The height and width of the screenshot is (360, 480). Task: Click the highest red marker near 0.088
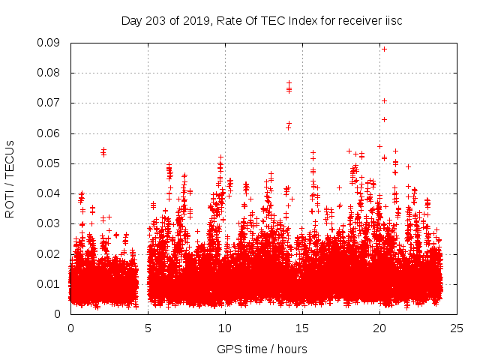point(384,49)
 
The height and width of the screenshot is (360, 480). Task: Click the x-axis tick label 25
point(457,328)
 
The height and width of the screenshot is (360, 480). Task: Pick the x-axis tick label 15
point(302,328)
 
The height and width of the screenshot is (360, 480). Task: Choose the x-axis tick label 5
point(148,328)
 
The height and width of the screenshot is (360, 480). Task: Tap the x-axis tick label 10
point(225,328)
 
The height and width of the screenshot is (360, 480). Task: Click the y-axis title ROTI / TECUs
point(10,178)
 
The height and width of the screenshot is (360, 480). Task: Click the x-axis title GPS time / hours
point(262,349)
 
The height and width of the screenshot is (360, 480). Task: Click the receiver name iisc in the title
point(392,21)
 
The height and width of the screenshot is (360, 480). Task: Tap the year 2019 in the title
point(194,21)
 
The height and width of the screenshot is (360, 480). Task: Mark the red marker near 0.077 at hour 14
point(289,82)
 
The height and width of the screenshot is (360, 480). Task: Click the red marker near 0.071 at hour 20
point(384,100)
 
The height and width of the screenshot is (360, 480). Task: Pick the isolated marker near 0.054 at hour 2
point(103,150)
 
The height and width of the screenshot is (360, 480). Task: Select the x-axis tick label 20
point(379,328)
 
